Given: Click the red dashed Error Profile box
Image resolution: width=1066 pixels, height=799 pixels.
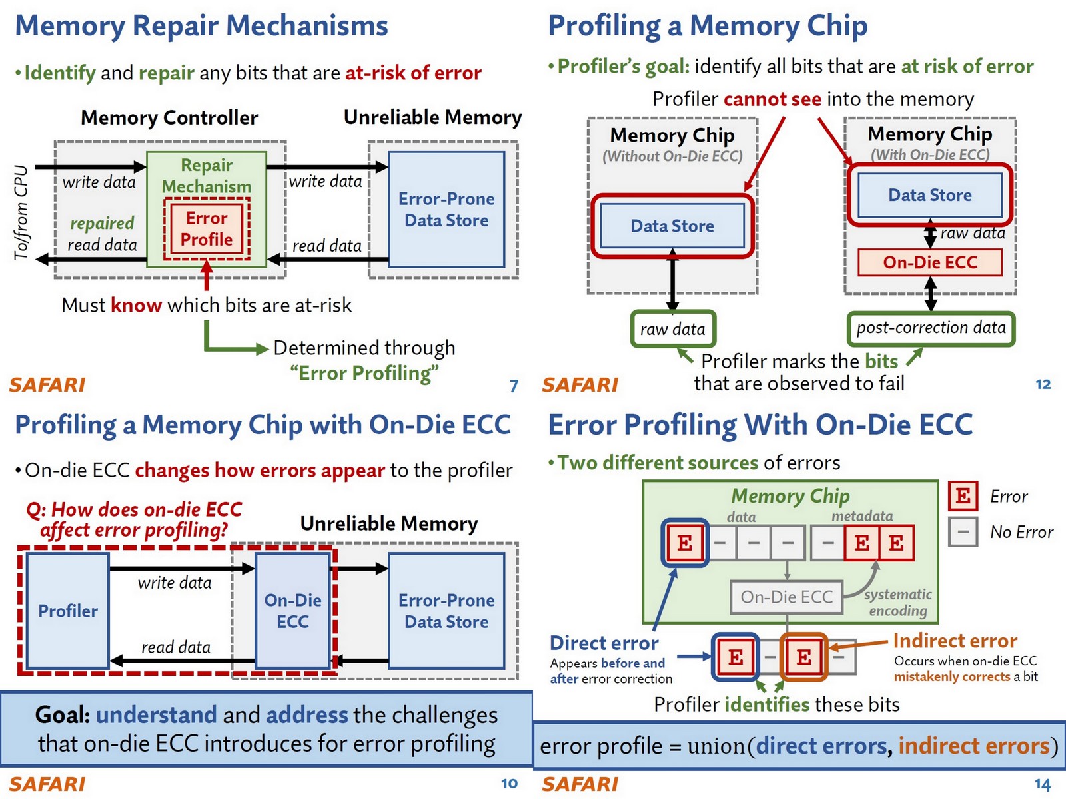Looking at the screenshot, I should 207,228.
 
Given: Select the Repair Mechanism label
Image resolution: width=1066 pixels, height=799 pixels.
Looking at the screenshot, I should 207,176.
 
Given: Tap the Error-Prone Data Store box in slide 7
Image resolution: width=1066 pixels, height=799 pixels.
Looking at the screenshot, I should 446,210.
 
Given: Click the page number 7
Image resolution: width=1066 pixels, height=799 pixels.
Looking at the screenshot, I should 514,386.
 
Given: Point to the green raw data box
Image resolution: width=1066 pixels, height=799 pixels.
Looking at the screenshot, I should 672,329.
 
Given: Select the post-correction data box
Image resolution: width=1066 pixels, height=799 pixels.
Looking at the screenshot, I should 931,328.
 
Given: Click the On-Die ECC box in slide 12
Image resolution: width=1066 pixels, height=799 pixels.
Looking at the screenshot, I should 929,262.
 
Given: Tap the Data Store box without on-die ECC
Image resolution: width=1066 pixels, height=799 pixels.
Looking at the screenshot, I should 672,226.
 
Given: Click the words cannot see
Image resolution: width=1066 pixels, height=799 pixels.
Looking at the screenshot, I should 772,99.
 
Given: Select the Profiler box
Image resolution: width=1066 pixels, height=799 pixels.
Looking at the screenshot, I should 67,611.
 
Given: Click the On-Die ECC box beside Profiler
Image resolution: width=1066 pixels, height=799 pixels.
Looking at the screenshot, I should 292,611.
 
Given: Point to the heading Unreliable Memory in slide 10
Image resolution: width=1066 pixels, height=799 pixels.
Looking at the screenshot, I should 389,524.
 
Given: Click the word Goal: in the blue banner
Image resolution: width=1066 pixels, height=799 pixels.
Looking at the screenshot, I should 63,715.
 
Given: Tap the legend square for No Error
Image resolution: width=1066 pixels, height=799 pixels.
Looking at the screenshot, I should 963,532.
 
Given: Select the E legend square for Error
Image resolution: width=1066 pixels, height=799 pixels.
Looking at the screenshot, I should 963,496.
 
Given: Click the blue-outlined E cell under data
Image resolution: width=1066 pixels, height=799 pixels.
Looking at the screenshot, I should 684,543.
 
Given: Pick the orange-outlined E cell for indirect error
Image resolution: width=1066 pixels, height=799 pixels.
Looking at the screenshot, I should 803,657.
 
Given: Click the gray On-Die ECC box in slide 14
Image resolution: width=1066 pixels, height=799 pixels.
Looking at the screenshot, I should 786,597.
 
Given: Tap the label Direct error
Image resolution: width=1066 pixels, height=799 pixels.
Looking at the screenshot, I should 604,643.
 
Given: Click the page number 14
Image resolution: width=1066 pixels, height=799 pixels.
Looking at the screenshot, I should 1043,784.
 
